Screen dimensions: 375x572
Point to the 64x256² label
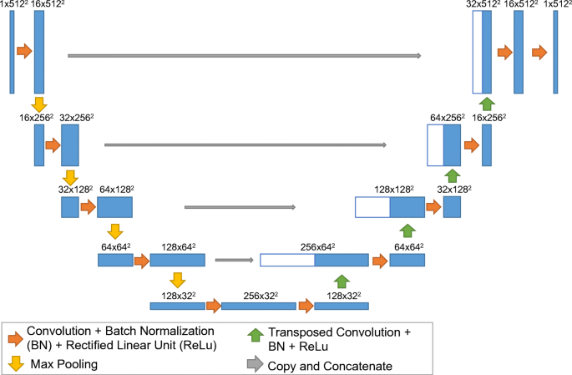pos(447,118)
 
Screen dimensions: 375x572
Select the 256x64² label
pos(317,247)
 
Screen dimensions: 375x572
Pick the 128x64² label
pos(180,247)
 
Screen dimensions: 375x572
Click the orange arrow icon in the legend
pos(14,338)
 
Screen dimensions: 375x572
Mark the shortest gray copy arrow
pos(234,261)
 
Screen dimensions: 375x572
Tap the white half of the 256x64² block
pos(287,261)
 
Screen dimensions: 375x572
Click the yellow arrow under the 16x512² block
pos(38,104)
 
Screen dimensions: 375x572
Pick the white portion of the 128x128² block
pos(372,207)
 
